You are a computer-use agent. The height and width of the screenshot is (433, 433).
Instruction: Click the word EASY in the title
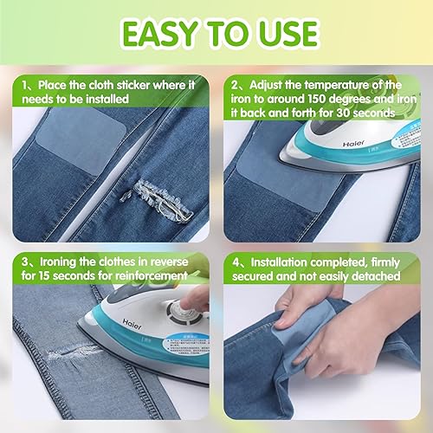coord(159,34)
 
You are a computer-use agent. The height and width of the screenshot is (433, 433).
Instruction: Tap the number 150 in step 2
coord(317,99)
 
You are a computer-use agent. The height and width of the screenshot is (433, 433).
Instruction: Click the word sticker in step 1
coord(132,85)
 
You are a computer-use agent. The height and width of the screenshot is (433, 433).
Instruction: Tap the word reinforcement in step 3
coord(152,275)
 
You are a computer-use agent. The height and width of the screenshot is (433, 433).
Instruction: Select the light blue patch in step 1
coord(83,139)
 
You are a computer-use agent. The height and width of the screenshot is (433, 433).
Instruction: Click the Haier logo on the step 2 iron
coord(353,144)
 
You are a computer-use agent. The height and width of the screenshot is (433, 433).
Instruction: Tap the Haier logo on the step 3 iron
coord(132,324)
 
